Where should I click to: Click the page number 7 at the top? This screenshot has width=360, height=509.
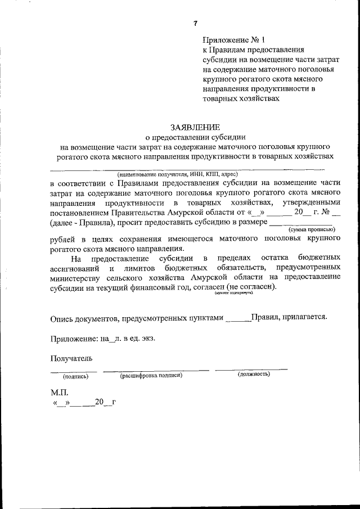point(195,23)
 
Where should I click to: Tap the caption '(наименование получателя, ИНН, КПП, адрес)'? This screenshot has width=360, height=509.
point(178,174)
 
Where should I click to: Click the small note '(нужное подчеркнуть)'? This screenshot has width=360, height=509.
point(233,294)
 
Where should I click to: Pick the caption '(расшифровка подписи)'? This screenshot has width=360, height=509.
point(151,375)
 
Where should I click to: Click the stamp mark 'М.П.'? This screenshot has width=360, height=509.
point(59,393)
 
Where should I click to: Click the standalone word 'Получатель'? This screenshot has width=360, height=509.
point(71,357)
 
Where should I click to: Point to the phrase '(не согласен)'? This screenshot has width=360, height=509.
point(251,287)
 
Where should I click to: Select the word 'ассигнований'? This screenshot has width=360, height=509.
point(76,268)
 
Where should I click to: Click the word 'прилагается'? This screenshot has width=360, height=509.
point(303,317)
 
